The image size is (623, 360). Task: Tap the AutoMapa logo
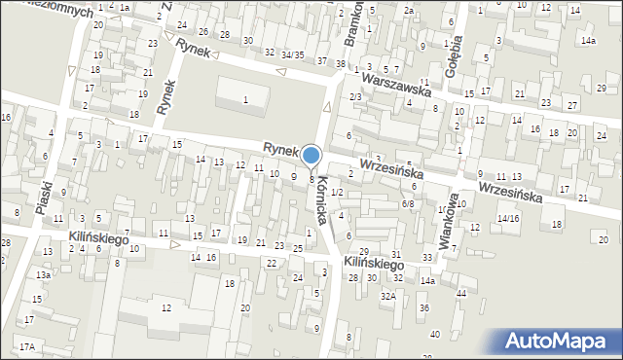click(x=555, y=342)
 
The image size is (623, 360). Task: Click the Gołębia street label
click(x=455, y=45)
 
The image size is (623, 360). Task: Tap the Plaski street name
click(x=45, y=196)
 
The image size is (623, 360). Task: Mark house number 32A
click(x=387, y=295)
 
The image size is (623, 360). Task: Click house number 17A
click(x=26, y=346)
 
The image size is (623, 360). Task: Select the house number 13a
click(x=44, y=275)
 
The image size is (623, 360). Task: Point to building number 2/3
click(x=356, y=96)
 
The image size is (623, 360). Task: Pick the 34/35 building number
click(x=292, y=54)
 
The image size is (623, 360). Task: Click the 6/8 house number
click(x=409, y=203)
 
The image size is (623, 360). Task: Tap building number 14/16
click(x=508, y=219)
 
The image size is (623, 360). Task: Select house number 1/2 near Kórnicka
click(x=337, y=193)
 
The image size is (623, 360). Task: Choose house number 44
click(x=460, y=293)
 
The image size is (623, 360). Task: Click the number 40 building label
click(x=435, y=334)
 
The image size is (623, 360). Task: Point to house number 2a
click(x=410, y=11)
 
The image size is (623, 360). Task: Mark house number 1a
click(x=125, y=7)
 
